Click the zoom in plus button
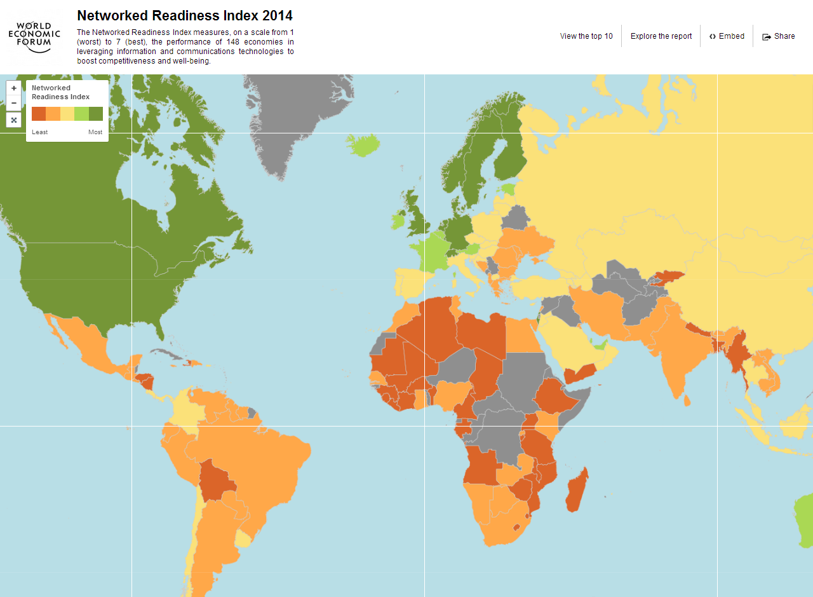coord(14,88)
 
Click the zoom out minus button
coord(14,103)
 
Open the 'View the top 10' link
coord(586,36)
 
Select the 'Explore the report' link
coord(661,36)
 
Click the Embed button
coord(727,36)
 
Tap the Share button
coord(779,36)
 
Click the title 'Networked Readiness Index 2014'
coord(185,16)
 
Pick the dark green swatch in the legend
coord(96,114)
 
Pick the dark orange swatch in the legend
coord(39,114)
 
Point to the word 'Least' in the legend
coord(40,132)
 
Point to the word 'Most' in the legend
coord(95,132)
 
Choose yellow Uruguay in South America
coord(243,539)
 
